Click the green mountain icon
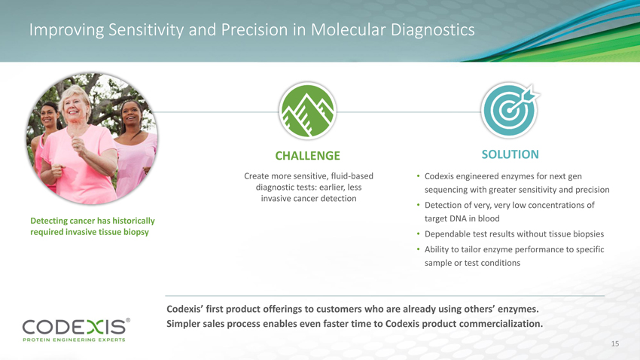click(x=307, y=111)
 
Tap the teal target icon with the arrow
click(x=510, y=110)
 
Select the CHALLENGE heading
click(x=307, y=155)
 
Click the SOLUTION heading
click(x=510, y=154)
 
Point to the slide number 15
click(x=615, y=343)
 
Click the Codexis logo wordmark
click(x=74, y=327)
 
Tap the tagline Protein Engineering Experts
click(x=74, y=340)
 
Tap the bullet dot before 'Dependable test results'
click(x=418, y=234)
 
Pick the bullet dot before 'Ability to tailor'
click(x=418, y=249)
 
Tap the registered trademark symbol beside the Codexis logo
click(x=128, y=320)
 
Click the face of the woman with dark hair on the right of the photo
click(x=130, y=114)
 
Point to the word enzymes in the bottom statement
click(x=520, y=310)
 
